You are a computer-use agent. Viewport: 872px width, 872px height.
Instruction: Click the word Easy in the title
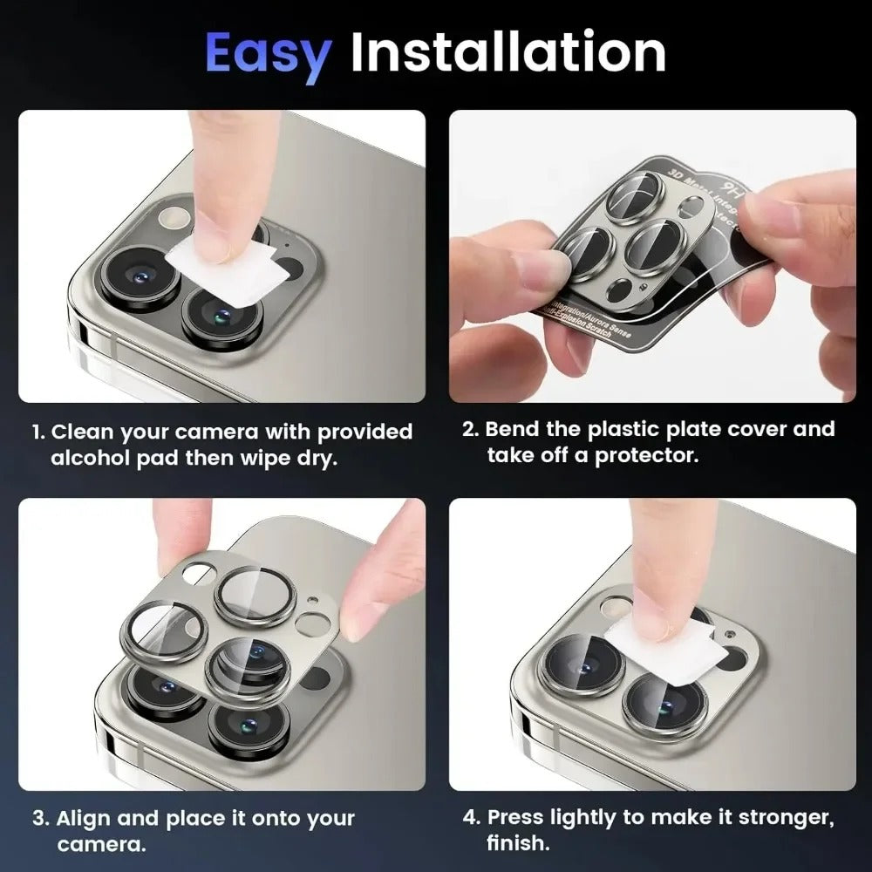click(x=268, y=54)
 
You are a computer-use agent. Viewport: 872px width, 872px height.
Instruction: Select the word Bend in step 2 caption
click(x=516, y=429)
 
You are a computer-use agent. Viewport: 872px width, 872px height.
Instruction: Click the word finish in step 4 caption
click(x=518, y=843)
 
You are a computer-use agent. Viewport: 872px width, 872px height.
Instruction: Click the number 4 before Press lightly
click(x=469, y=818)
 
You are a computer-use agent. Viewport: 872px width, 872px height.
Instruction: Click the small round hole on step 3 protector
click(x=310, y=623)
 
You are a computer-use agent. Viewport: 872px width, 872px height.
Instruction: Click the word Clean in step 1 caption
click(x=84, y=432)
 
